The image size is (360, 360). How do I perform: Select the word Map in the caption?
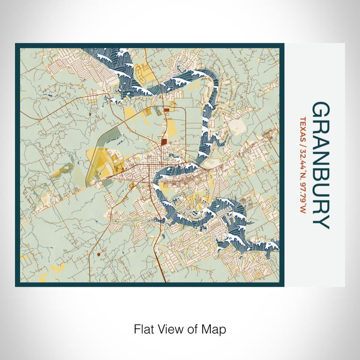pyautogui.click(x=215, y=328)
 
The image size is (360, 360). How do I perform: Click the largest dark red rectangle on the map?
pyautogui.click(x=164, y=142)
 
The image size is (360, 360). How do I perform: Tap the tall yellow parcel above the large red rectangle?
pyautogui.click(x=171, y=123)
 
